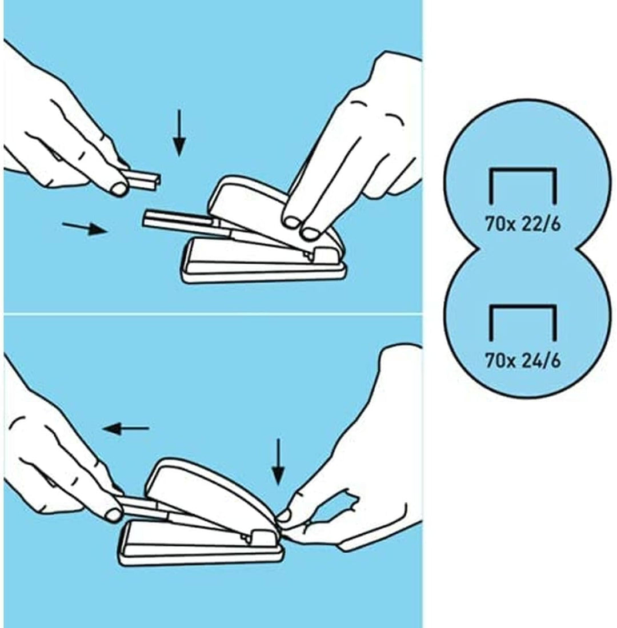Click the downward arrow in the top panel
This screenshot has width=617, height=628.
(x=179, y=133)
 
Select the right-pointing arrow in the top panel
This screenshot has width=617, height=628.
(x=85, y=228)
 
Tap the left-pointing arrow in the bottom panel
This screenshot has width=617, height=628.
(x=126, y=429)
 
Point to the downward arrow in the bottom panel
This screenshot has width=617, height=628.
(x=278, y=462)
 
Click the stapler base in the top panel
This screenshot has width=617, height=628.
(x=263, y=261)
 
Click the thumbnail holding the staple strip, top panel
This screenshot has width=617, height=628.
(x=119, y=188)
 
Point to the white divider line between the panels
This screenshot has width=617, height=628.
(x=213, y=313)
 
